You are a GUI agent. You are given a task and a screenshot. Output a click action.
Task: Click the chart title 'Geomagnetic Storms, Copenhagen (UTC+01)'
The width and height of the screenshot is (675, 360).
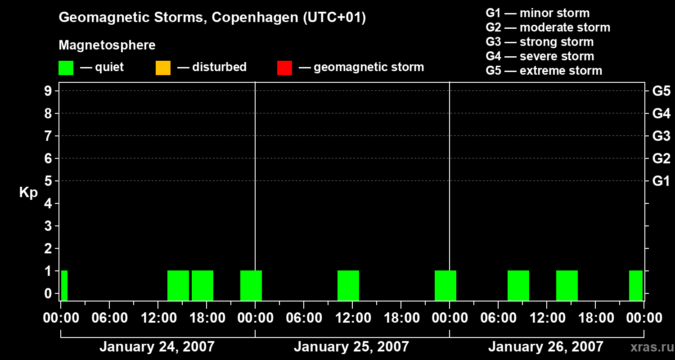point(212,18)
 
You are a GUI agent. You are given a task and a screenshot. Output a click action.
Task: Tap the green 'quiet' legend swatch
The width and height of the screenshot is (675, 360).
point(66,67)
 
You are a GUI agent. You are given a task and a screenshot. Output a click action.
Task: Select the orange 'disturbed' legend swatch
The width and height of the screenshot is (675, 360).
point(163,67)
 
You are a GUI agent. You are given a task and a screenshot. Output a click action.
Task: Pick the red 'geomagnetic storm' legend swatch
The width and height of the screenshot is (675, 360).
point(284,67)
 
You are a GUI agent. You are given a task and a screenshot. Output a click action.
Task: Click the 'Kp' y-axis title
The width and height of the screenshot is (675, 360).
point(28,193)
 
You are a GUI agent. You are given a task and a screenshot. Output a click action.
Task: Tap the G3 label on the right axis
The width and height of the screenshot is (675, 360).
point(661,136)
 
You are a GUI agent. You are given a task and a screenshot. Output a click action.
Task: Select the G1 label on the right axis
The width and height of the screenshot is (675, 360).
point(661,181)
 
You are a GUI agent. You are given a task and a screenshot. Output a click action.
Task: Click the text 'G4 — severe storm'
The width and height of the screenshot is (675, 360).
point(540,56)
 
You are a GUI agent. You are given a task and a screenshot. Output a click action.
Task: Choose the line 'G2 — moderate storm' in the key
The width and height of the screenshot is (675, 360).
point(548,27)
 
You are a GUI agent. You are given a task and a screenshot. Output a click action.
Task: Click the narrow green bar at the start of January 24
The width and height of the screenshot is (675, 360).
point(64,285)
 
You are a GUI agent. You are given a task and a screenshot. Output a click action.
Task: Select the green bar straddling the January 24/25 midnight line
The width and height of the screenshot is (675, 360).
point(251,285)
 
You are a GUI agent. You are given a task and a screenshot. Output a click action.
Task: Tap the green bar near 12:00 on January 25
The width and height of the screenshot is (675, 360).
point(348,285)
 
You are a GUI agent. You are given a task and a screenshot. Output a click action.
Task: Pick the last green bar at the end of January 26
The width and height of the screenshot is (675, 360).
point(635,285)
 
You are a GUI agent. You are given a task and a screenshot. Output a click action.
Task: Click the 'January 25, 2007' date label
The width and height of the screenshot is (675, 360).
point(351,346)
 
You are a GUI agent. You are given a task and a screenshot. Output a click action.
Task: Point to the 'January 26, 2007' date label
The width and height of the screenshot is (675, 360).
point(545,346)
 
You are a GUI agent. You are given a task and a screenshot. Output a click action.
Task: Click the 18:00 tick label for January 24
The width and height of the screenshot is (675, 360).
point(207,318)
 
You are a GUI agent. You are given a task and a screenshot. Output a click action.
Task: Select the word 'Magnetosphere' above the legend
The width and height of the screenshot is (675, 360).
point(107,45)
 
